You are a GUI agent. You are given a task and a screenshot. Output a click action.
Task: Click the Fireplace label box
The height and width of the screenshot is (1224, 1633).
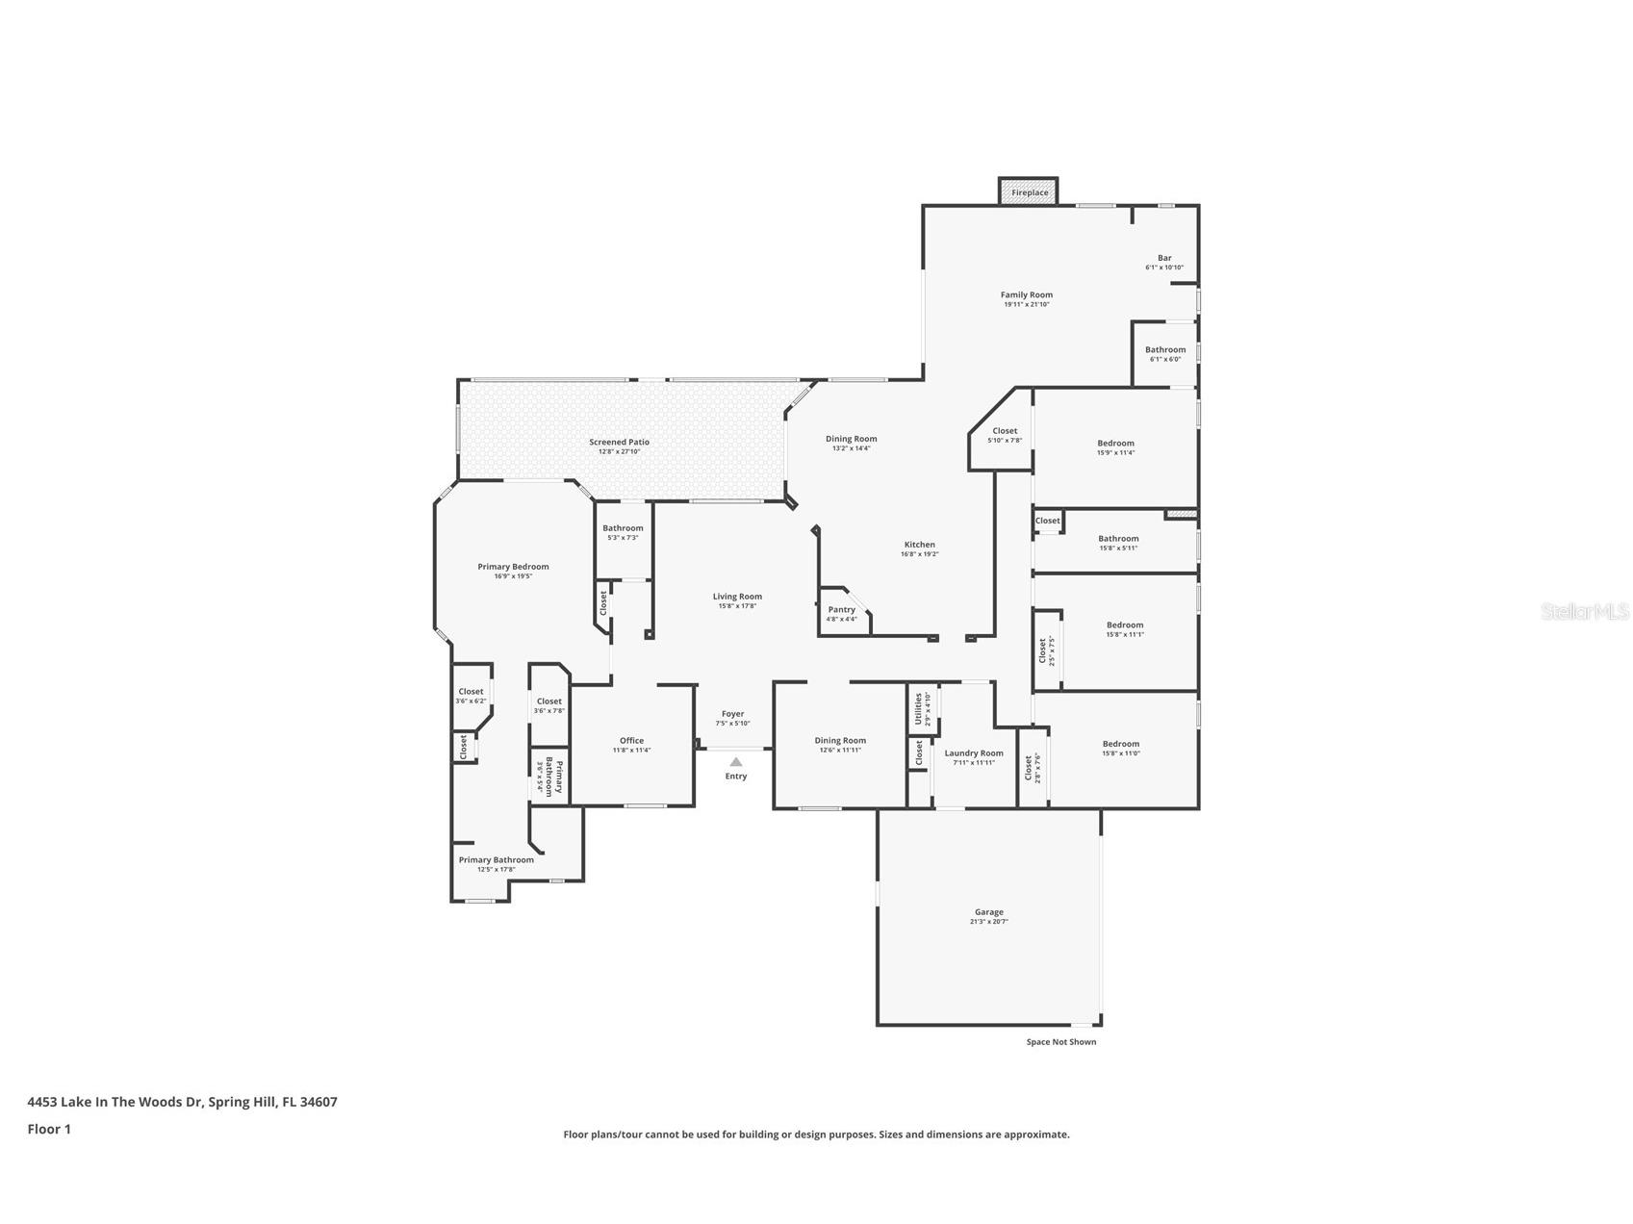point(1029,192)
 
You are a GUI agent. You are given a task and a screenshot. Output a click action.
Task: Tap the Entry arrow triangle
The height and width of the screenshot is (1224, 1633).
point(735,762)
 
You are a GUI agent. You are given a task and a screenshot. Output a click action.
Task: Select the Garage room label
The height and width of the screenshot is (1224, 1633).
point(988,912)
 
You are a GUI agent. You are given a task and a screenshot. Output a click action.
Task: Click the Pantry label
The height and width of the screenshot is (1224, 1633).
point(841,610)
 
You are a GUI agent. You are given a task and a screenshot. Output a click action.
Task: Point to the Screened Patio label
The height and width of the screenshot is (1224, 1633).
point(619,443)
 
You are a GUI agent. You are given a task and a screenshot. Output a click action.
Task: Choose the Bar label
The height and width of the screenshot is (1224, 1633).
point(1164,258)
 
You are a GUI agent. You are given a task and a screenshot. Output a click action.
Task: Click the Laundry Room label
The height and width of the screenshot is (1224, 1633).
point(974,753)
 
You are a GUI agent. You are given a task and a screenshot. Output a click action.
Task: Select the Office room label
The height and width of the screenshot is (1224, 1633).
point(631,741)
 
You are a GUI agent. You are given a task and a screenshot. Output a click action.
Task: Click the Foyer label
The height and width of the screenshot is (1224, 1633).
point(732,714)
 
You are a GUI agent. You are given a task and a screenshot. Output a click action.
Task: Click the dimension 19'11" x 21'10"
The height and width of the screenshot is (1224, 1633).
point(1026,304)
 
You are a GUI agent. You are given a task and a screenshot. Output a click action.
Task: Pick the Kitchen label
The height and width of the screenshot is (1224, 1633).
point(919,545)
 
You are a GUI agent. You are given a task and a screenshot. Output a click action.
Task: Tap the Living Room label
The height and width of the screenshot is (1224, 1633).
point(737,597)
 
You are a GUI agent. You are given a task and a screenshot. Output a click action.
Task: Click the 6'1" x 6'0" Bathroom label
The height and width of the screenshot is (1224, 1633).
point(1165,350)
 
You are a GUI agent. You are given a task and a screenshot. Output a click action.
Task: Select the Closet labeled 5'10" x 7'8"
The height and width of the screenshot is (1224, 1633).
point(1005,431)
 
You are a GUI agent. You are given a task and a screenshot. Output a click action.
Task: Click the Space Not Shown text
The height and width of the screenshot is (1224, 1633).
point(1060,1042)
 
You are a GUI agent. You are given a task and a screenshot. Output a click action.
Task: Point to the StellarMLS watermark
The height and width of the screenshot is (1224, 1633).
point(1584,611)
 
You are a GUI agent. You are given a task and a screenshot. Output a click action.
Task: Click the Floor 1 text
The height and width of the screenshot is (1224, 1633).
point(49,1130)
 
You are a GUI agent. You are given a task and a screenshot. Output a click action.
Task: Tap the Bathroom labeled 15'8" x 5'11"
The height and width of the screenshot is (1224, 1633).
point(1118,539)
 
